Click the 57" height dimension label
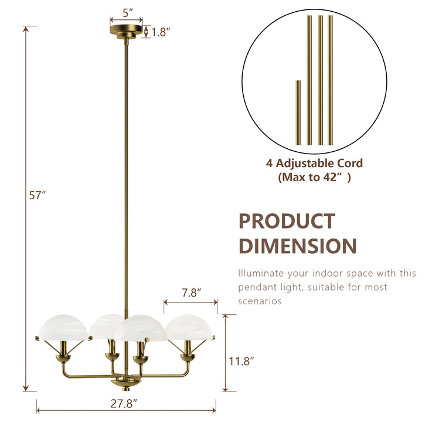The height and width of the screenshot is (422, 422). click(38, 196)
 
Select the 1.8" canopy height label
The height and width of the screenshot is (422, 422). click(159, 33)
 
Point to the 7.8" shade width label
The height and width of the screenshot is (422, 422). click(191, 291)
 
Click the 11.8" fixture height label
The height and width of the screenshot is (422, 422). click(240, 362)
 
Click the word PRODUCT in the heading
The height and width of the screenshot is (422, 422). click(287, 222)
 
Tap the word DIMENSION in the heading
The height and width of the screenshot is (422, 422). click(297, 246)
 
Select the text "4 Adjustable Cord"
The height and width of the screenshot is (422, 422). click(315, 164)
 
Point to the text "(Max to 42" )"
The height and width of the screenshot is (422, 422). click(315, 177)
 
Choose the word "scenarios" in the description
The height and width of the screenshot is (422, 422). click(260, 301)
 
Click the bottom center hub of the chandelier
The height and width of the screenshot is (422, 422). click(126, 382)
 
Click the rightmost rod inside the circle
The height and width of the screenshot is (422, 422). click(331, 79)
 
